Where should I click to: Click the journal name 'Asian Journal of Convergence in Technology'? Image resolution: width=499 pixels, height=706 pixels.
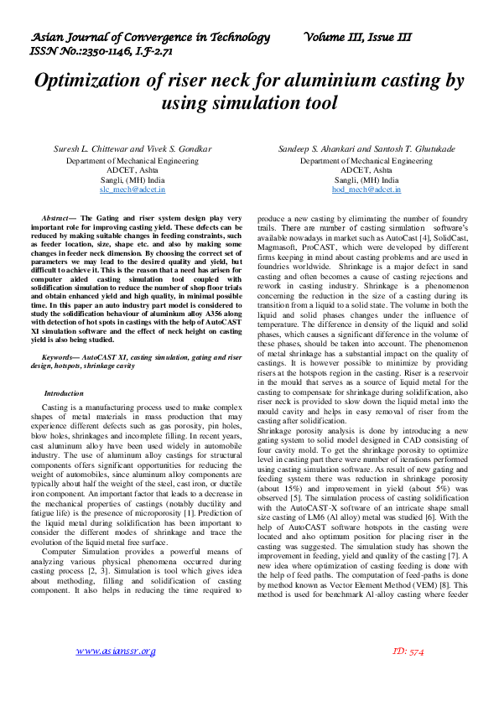point(151,37)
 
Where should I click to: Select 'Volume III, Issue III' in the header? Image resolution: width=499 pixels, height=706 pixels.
point(358,37)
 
